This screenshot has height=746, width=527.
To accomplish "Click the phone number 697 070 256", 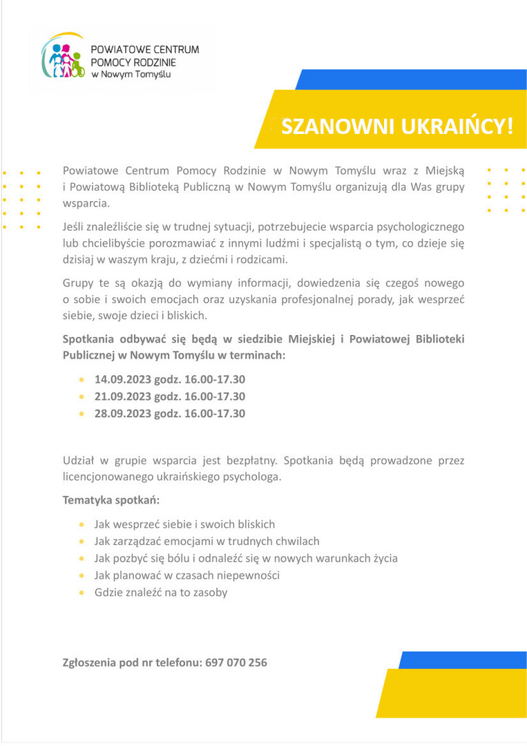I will click(236, 662).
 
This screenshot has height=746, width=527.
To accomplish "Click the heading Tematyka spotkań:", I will click(111, 499).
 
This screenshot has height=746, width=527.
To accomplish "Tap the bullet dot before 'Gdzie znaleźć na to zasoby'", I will click(82, 593).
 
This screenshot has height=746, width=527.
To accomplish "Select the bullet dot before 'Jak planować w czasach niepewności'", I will click(82, 575).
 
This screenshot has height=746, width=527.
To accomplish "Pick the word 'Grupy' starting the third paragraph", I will click(79, 283).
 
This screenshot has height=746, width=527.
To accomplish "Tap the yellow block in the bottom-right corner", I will click(452, 694).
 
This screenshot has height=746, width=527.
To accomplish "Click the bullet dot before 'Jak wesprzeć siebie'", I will click(82, 524).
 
